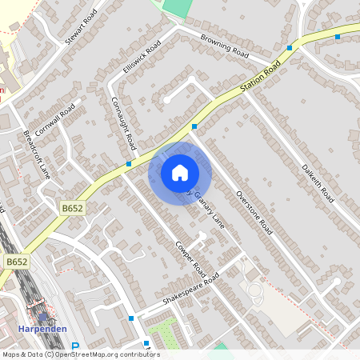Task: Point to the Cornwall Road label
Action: click(x=54, y=120)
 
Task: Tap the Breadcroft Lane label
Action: click(x=37, y=154)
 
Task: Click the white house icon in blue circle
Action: click(x=179, y=173)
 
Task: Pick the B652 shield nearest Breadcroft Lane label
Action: click(x=73, y=208)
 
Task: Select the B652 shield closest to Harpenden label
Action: click(x=16, y=262)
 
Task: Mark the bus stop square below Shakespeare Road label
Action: click(x=131, y=318)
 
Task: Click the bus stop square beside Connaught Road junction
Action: click(x=129, y=163)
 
